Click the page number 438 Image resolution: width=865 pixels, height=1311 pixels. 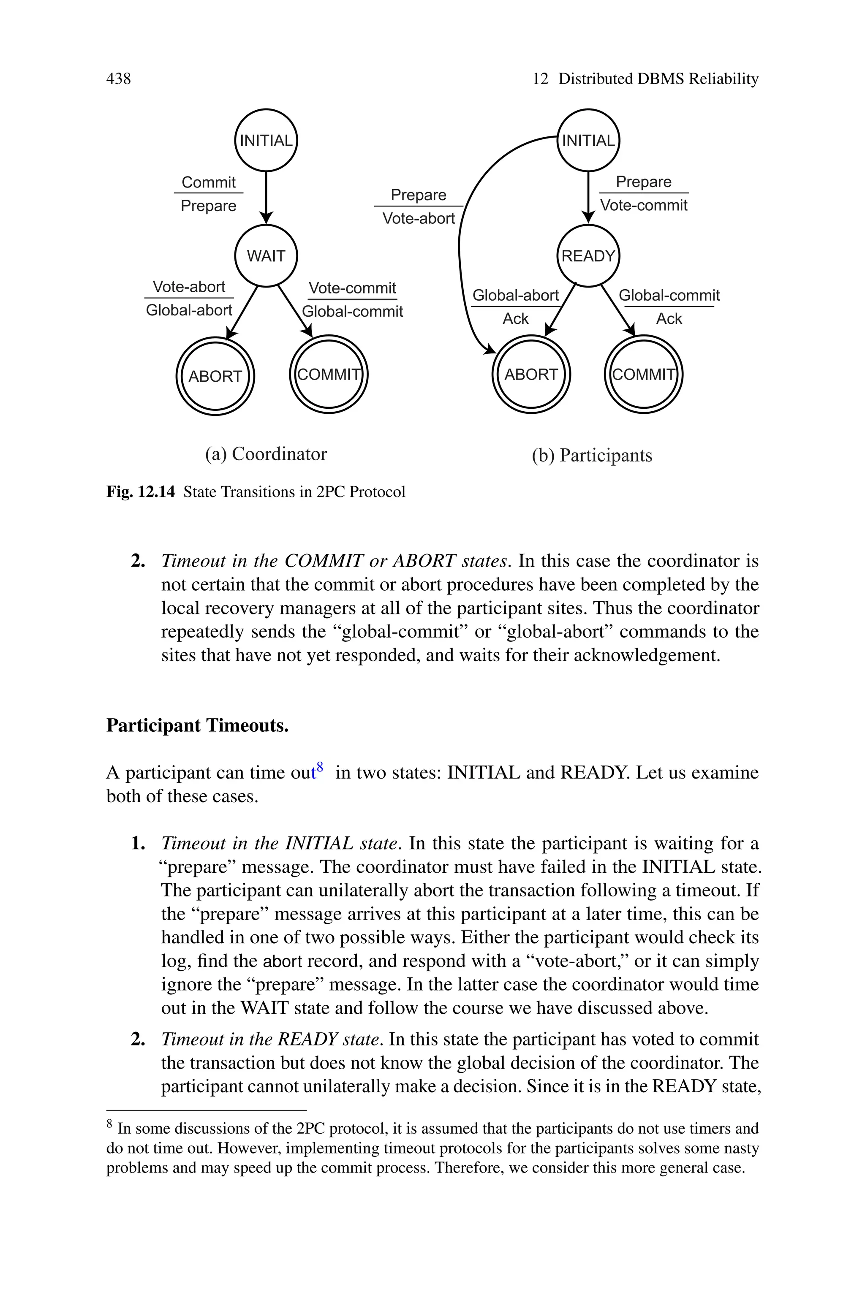click(x=119, y=79)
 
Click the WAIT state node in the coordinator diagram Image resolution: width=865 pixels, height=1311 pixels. click(x=266, y=256)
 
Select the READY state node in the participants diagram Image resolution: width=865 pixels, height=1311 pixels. click(x=588, y=256)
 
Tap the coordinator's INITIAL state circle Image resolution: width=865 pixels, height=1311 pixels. click(x=266, y=141)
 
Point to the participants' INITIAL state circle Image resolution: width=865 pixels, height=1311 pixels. click(x=588, y=141)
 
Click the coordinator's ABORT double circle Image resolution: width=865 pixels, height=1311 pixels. click(x=215, y=376)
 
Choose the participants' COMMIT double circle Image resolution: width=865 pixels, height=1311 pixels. click(x=643, y=375)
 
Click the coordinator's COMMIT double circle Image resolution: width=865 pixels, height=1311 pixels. click(x=329, y=375)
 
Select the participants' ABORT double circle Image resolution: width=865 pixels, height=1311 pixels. click(x=530, y=375)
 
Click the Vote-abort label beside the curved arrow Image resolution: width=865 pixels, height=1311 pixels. click(x=418, y=218)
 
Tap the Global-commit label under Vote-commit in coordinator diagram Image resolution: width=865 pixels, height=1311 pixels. click(x=353, y=312)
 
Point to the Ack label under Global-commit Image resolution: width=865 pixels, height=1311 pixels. click(x=669, y=319)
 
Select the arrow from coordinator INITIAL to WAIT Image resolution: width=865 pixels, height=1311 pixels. click(x=266, y=196)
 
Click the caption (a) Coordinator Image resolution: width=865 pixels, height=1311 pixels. click(x=266, y=454)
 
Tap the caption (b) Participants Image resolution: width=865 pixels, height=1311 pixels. click(x=591, y=456)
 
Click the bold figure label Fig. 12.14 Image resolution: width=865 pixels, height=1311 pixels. click(x=140, y=492)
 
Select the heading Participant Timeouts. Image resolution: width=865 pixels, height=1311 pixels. click(x=198, y=725)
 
